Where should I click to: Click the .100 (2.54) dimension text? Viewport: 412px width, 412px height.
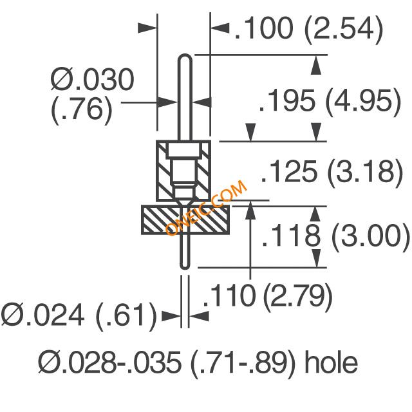(x=309, y=29)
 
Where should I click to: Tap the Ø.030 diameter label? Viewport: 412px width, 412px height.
(x=92, y=79)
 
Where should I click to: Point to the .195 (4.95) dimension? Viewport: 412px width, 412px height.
(x=330, y=102)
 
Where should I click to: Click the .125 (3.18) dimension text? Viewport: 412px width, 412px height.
(x=332, y=172)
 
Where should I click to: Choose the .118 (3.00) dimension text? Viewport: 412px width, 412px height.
(x=336, y=236)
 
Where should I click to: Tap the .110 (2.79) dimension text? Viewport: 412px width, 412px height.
(x=268, y=296)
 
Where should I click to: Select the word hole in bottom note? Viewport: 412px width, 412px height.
(x=331, y=362)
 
